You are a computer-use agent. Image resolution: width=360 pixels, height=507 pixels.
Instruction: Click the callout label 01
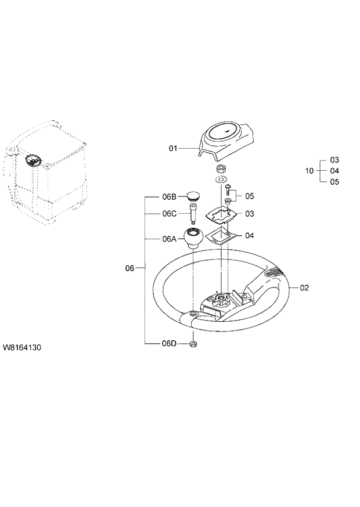(x=172, y=149)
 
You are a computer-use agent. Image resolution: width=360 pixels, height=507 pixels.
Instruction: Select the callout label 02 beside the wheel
(x=304, y=287)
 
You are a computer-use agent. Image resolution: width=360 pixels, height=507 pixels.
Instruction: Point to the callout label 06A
(x=169, y=238)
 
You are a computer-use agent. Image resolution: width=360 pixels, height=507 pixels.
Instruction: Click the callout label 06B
(x=169, y=196)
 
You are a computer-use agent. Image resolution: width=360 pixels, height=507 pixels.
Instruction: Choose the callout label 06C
(x=169, y=213)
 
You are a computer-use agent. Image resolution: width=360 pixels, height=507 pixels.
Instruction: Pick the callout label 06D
(x=169, y=344)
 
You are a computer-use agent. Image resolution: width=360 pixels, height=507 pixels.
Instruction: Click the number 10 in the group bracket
(x=309, y=171)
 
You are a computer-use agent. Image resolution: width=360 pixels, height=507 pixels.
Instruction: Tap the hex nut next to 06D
(x=193, y=344)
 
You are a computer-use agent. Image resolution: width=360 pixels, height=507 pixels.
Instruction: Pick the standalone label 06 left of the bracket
(x=130, y=268)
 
